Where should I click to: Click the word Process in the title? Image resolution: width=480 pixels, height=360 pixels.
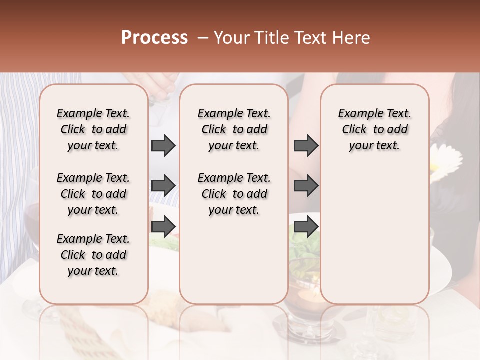154,38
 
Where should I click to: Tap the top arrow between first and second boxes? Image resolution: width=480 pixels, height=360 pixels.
163,145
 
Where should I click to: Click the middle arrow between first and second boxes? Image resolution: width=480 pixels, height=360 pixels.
163,186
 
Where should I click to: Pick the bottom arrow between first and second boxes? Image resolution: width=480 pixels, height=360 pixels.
163,226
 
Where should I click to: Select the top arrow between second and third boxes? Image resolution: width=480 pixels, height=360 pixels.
306,145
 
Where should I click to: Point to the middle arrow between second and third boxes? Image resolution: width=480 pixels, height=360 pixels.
306,186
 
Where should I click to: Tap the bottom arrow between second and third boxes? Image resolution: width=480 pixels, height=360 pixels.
306,226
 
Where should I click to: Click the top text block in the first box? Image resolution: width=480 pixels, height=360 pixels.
93,129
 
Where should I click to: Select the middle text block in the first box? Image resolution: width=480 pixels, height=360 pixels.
93,194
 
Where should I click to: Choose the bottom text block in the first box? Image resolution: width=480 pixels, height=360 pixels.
93,255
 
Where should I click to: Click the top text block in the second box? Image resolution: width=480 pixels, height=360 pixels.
234,129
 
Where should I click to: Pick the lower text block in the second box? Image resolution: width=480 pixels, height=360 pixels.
234,194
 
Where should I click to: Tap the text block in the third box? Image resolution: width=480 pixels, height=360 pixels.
374,129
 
